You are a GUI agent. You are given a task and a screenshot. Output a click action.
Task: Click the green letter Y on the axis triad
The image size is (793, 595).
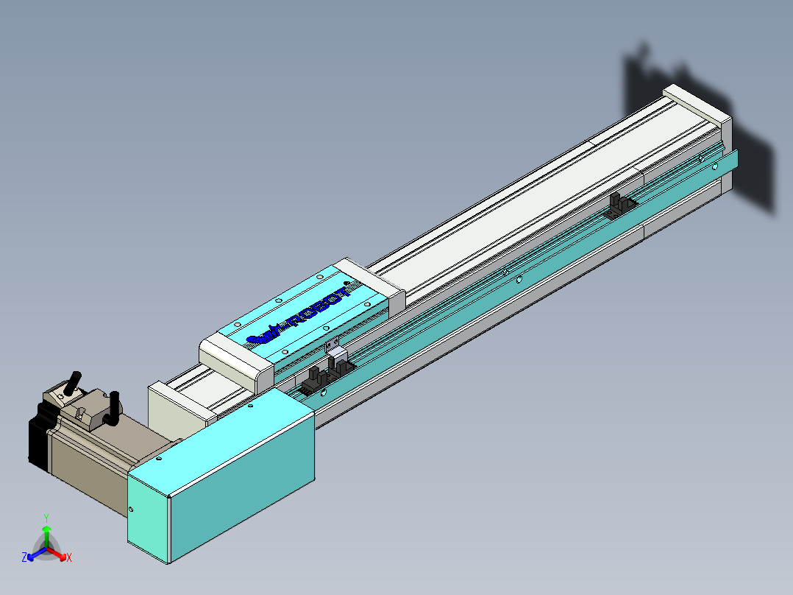click(46, 517)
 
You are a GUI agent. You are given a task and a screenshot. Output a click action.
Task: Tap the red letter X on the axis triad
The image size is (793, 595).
click(69, 557)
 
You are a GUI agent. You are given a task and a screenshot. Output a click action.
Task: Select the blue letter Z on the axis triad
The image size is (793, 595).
click(24, 557)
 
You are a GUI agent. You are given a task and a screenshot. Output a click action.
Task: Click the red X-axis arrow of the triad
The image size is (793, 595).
click(59, 554)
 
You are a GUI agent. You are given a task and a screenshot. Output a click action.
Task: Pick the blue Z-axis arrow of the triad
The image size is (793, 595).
click(35, 554)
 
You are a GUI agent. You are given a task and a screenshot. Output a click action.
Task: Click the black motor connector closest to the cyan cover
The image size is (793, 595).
click(113, 408)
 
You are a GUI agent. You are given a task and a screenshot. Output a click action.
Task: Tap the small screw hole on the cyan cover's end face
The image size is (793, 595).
click(132, 509)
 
